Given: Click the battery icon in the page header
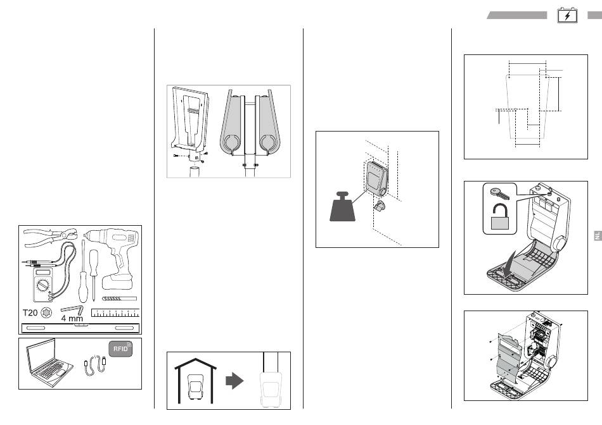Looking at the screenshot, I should [x=567, y=16].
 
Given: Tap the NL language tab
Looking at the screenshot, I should [x=596, y=237].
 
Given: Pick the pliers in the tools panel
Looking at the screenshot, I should [x=49, y=240].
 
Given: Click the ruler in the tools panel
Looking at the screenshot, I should [x=115, y=312].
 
